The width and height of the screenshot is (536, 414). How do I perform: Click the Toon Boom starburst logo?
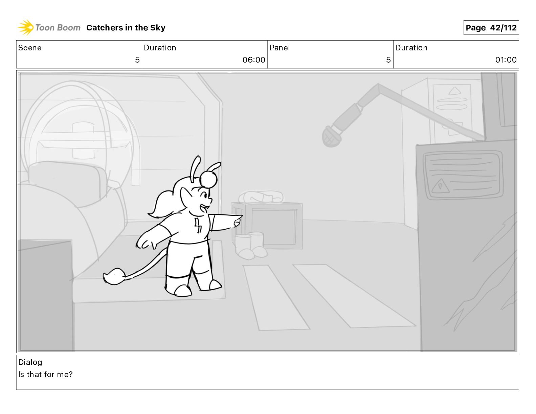point(25,27)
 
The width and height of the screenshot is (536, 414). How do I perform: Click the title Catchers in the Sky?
point(126,28)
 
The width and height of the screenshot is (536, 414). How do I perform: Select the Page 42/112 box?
point(491,28)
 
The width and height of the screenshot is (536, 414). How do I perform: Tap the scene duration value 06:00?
point(253,60)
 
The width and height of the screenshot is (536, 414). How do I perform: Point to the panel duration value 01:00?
point(506,60)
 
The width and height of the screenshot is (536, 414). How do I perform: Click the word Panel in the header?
point(280,48)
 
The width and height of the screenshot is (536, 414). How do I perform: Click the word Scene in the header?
point(30,48)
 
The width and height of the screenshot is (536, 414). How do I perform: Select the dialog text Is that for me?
point(45,374)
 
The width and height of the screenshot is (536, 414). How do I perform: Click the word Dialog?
point(30,362)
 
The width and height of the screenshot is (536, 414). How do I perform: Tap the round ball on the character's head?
point(208,180)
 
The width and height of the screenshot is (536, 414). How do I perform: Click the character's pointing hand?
point(237,221)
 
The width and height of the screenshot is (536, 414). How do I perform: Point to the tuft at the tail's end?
point(114,276)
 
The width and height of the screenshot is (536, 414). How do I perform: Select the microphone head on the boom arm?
point(331,137)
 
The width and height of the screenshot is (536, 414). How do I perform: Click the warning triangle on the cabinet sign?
point(440,186)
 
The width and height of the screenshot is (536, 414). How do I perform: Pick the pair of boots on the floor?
point(250,246)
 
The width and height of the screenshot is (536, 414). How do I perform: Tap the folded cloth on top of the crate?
point(261,197)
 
